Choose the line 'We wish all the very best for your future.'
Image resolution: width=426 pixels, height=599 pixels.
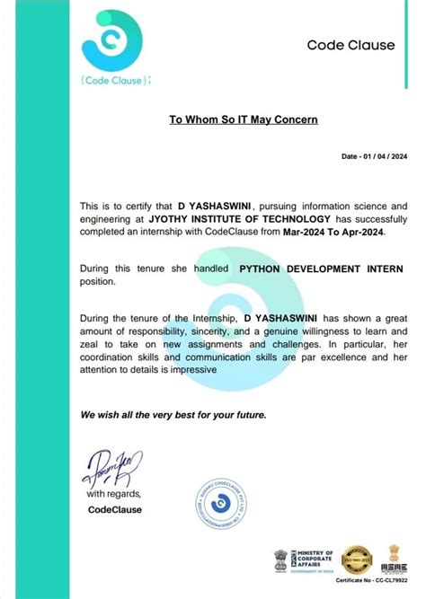click(173, 415)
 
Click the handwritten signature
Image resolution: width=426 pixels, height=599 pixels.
click(108, 466)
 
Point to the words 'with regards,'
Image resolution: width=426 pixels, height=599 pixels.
click(113, 494)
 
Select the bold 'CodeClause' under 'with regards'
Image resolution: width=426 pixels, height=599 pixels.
click(115, 509)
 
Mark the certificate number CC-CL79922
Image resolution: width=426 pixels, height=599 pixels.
click(371, 582)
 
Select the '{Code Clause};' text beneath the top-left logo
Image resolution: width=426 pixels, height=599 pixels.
click(116, 80)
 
